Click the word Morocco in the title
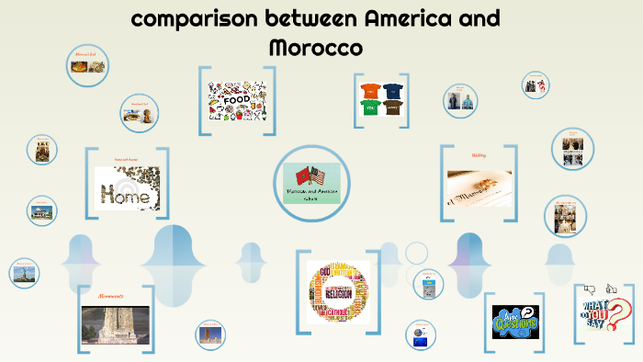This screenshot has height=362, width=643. tap(315, 46)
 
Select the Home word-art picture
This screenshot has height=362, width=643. tap(127, 188)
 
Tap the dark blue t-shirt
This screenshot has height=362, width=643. tap(392, 90)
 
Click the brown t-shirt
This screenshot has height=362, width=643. tap(392, 107)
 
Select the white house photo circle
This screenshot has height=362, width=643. tap(42, 210)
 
